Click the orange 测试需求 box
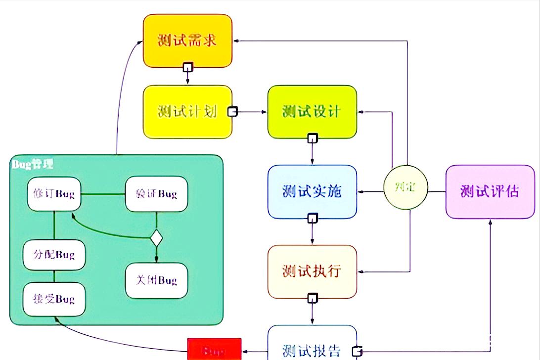click(187, 40)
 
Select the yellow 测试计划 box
click(187, 111)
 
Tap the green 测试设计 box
click(312, 111)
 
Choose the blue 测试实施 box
click(312, 191)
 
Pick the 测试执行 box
click(312, 271)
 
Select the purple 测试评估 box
click(490, 191)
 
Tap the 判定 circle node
click(405, 187)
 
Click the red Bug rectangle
click(214, 350)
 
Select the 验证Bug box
click(156, 194)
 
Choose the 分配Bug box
click(54, 255)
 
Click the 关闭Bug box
click(156, 280)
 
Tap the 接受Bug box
click(54, 299)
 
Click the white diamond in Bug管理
click(156, 238)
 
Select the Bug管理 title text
click(32, 164)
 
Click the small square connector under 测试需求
click(187, 67)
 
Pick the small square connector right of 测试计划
click(232, 112)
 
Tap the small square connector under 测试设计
click(312, 138)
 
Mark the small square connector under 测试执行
click(312, 298)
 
